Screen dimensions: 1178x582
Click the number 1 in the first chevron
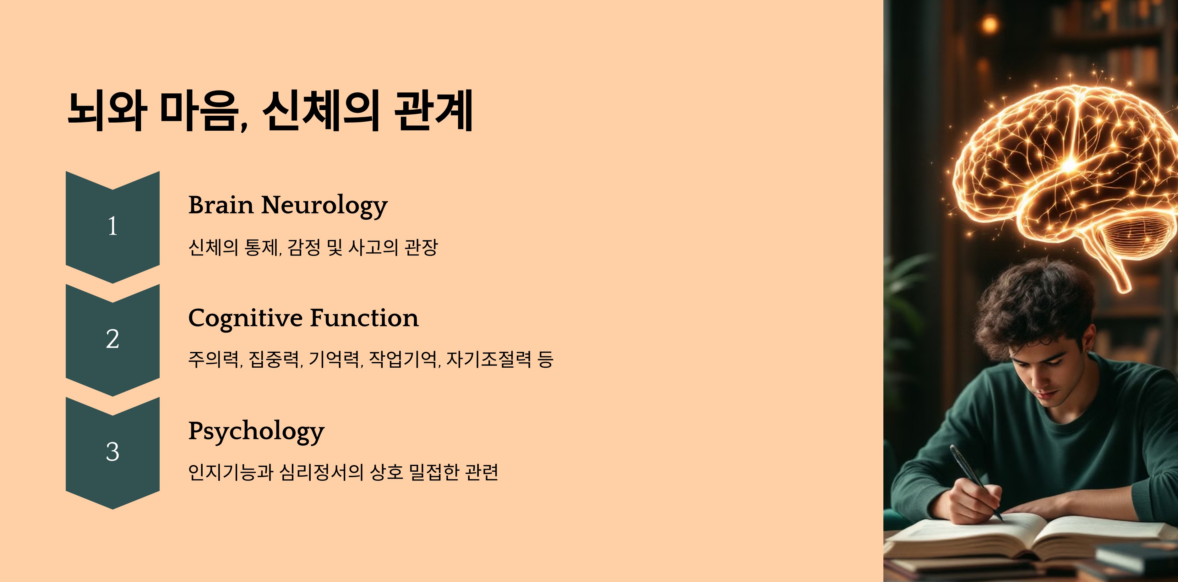[x=112, y=226]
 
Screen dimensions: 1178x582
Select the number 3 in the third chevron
[x=112, y=452]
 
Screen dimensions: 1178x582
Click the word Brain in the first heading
[x=221, y=205]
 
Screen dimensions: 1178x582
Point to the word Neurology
[x=324, y=206]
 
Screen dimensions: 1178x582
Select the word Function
[x=364, y=318]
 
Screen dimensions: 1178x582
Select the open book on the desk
[x=1029, y=540]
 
